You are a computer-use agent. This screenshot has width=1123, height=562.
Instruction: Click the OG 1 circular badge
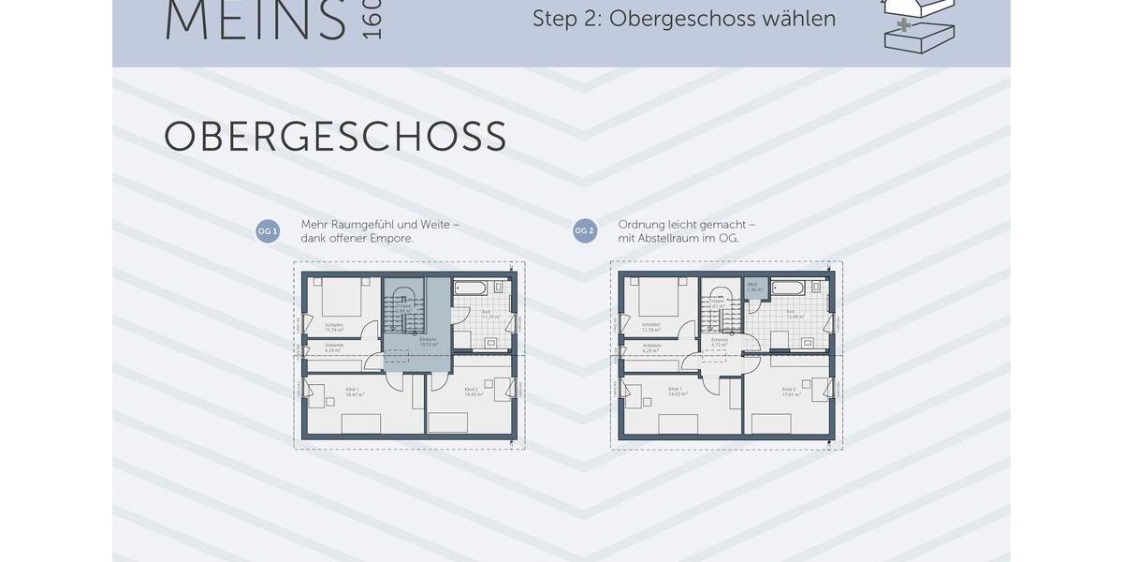pos(268,231)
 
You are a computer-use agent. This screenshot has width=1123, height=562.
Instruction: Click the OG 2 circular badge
pos(585,231)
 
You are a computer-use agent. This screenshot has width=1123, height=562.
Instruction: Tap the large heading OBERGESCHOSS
pos(335,138)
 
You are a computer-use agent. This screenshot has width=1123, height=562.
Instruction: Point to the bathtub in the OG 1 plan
pos(470,288)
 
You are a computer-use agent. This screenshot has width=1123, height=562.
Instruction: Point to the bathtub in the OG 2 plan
pos(788,288)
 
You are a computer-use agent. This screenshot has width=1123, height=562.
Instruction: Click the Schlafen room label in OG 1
pos(334,325)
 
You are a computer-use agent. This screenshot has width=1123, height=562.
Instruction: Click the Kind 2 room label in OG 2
pos(790,389)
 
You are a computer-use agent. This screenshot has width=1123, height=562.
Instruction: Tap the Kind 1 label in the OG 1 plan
pos(352,389)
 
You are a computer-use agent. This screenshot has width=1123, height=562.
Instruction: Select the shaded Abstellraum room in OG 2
pos(756,288)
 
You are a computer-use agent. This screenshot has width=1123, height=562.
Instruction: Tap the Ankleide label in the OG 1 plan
pos(334,346)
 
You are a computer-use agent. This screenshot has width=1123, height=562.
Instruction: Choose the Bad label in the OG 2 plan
pos(791,312)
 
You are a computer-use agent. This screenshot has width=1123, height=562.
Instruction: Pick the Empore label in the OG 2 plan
pos(720,340)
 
